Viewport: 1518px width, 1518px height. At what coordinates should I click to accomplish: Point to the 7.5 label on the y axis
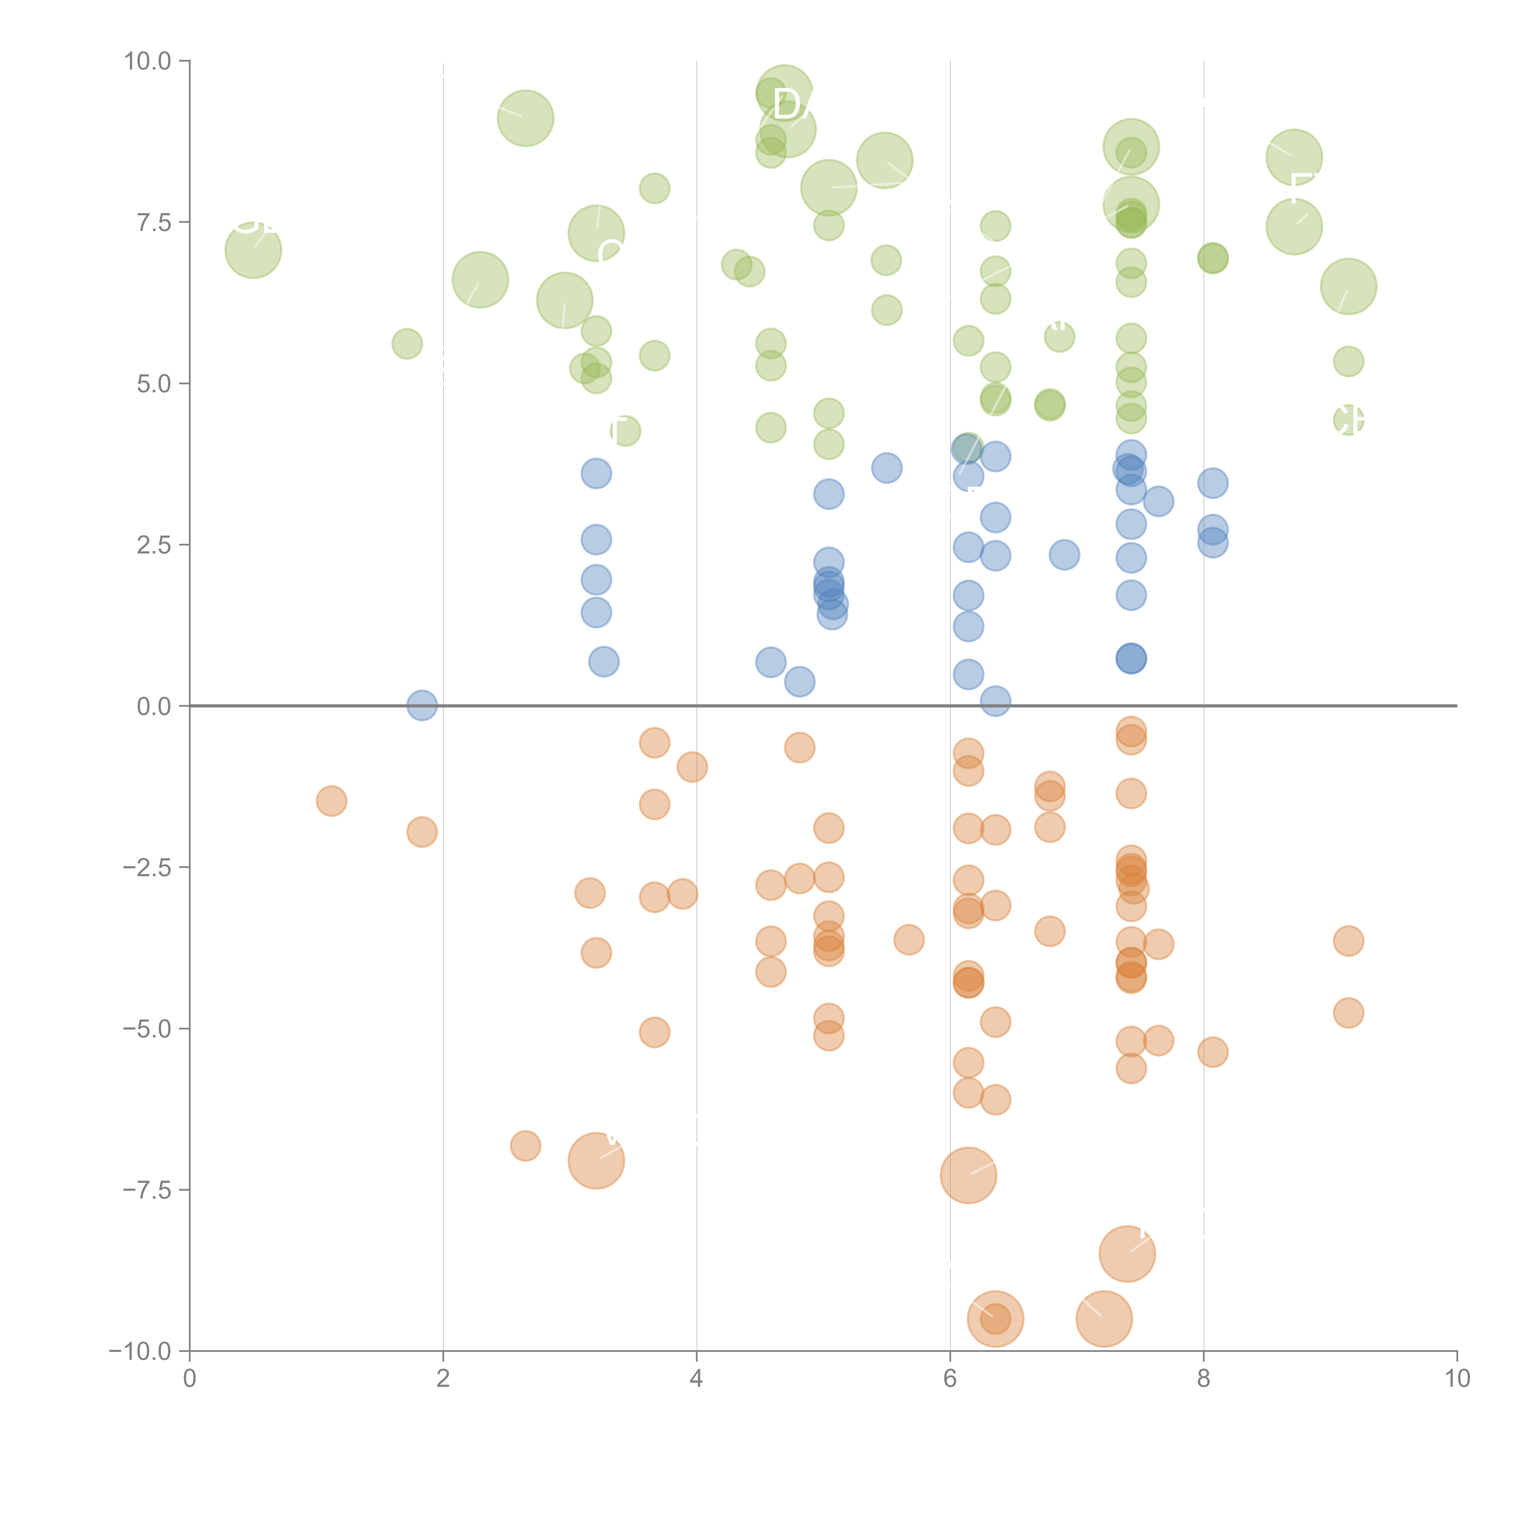click(154, 222)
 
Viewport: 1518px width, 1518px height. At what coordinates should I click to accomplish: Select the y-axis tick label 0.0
click(154, 706)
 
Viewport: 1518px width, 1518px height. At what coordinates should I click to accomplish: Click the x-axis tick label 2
click(443, 1379)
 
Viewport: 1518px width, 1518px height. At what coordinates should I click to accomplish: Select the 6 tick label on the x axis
click(950, 1379)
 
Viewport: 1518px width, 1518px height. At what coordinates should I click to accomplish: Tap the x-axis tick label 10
click(1457, 1379)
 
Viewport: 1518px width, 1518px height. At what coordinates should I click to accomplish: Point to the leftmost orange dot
click(332, 801)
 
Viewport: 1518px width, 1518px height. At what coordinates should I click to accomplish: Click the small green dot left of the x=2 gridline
click(407, 343)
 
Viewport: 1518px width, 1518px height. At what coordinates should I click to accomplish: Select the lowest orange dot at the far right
click(1348, 1013)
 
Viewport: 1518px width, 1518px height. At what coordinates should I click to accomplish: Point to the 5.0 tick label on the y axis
click(154, 383)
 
